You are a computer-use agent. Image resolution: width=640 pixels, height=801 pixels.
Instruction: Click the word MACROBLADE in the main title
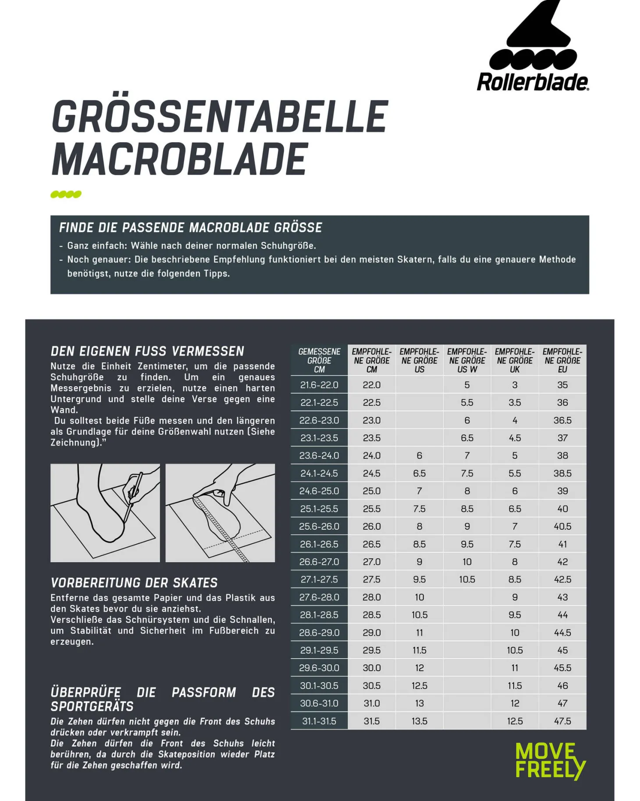coord(180,159)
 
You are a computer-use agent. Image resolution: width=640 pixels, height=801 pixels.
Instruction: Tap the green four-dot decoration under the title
coord(66,194)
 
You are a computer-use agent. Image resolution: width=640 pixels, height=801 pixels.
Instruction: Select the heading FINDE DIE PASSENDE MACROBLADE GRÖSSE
coord(190,227)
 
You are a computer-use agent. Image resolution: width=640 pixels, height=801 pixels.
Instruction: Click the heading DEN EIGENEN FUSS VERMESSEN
coord(147,351)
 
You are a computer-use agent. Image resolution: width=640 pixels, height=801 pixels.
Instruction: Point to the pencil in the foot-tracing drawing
coord(133,496)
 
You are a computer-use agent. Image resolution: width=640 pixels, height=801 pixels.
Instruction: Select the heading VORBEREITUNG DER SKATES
coord(134,583)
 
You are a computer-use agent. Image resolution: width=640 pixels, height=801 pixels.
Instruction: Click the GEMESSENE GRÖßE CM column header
coord(319,360)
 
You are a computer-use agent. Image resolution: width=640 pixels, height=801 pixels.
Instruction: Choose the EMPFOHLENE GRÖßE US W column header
coord(467,360)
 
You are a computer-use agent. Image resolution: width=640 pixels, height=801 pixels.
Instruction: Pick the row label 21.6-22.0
coord(319,385)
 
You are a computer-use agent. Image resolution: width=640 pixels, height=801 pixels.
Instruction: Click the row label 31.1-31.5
coord(319,721)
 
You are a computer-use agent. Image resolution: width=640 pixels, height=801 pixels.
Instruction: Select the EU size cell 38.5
coord(562,473)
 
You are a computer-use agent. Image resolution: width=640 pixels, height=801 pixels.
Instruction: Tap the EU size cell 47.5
coord(562,721)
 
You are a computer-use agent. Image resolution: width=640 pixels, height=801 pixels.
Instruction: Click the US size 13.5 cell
coord(420,721)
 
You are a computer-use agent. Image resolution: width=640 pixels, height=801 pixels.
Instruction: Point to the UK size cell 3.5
coord(515,402)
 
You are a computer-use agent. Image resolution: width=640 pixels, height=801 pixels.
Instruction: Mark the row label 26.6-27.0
coord(319,562)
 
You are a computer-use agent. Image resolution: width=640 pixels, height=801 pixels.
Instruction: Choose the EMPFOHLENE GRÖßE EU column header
coord(562,360)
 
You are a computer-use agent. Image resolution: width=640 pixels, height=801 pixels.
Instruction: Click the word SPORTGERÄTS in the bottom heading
coord(92,707)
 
